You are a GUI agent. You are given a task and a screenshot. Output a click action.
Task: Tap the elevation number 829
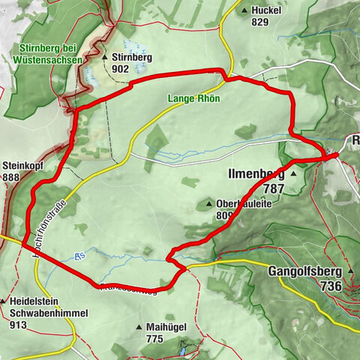click(x=259, y=22)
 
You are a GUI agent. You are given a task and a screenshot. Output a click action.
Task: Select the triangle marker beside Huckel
click(x=245, y=10)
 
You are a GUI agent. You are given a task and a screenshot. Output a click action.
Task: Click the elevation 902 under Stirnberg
click(x=121, y=67)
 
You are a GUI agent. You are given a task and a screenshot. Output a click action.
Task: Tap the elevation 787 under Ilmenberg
click(x=274, y=189)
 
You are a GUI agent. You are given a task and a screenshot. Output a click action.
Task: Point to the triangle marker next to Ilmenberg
click(x=294, y=174)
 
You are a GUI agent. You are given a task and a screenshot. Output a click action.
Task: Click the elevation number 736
click(x=330, y=286)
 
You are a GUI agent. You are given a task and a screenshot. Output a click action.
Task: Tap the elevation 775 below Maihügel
click(x=154, y=340)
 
